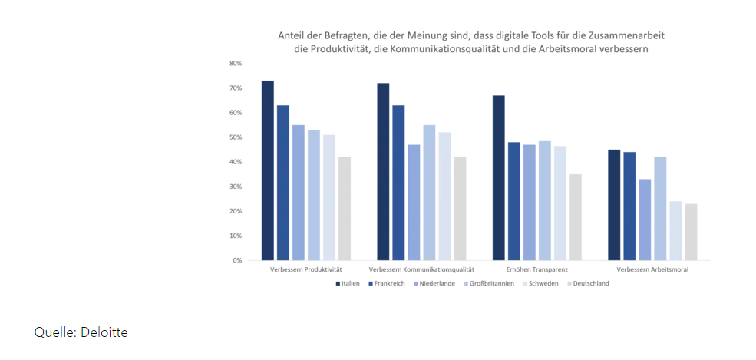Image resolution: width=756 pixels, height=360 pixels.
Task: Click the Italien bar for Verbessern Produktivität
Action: (x=267, y=170)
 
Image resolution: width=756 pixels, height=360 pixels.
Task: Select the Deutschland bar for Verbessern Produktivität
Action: (x=345, y=208)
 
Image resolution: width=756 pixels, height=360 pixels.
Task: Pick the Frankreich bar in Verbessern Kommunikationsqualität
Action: (x=398, y=183)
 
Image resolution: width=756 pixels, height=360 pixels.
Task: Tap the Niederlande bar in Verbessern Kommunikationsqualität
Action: (x=414, y=202)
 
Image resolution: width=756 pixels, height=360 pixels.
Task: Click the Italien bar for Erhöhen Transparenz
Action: (x=498, y=177)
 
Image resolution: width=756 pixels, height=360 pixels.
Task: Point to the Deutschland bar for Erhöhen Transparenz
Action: (x=575, y=217)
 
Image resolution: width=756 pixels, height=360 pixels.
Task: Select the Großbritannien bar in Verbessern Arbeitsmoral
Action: (x=660, y=208)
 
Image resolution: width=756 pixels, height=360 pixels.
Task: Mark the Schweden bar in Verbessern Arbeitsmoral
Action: (x=675, y=230)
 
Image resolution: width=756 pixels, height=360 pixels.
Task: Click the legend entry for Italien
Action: (x=347, y=283)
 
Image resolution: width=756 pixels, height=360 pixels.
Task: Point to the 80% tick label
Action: (x=236, y=63)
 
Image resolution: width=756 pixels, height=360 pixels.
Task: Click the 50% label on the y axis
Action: (x=236, y=137)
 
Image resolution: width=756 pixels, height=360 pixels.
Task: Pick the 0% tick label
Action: (x=237, y=260)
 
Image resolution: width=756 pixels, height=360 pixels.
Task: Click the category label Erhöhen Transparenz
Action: (x=537, y=270)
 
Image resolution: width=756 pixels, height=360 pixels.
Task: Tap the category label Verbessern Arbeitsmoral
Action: (x=652, y=270)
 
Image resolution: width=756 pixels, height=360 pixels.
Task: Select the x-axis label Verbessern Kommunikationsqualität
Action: (x=421, y=270)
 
